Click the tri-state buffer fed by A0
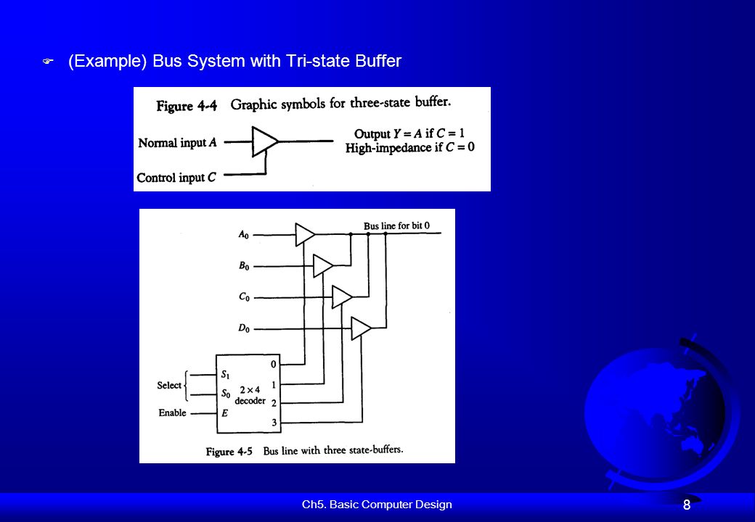tap(304, 234)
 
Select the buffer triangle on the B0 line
tap(322, 265)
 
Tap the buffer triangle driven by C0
tap(342, 297)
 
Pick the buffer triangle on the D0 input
tap(361, 328)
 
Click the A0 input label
tap(244, 235)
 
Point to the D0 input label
tap(244, 328)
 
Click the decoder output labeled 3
tap(274, 423)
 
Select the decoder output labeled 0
tap(274, 365)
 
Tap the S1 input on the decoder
tap(225, 374)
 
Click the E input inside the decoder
tap(224, 413)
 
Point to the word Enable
tap(172, 413)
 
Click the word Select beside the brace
tap(169, 385)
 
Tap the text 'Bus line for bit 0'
tap(396, 225)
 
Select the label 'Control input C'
tap(176, 178)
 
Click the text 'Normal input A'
tap(177, 143)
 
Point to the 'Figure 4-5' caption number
tap(229, 452)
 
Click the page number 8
tap(687, 505)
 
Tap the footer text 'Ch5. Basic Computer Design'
tap(377, 504)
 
